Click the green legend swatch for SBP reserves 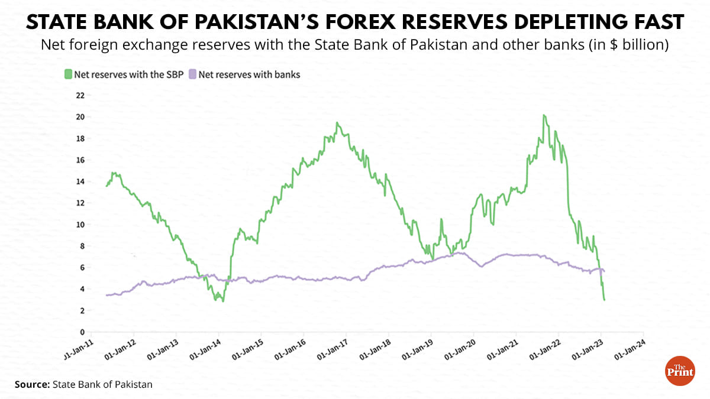(68, 74)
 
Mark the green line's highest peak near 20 (544, 115)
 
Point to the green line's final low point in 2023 (604, 300)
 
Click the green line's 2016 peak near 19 (337, 123)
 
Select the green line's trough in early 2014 (222, 301)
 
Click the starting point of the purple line (106, 295)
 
